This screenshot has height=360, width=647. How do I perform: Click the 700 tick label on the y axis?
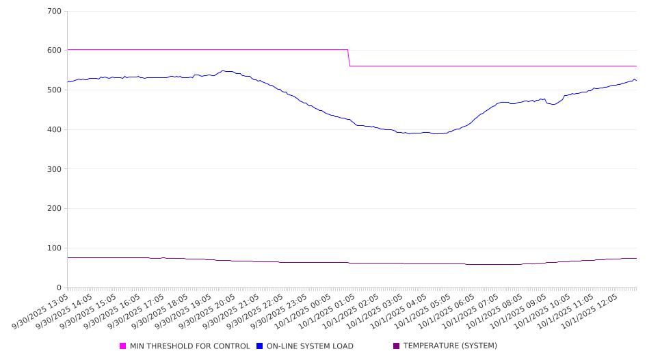(x=54, y=12)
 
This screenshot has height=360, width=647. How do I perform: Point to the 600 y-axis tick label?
(x=54, y=51)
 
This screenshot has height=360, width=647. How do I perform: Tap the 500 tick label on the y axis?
(x=54, y=90)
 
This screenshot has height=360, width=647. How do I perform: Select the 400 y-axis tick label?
(x=54, y=130)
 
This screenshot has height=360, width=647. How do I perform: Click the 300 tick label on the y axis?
(x=54, y=169)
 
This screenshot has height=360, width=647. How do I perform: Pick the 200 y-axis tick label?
(x=54, y=209)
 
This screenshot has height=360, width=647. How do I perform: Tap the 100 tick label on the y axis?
(x=54, y=248)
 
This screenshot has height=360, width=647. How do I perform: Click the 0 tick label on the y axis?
(x=59, y=287)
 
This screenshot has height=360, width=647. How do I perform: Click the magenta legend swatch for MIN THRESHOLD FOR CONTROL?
(x=123, y=346)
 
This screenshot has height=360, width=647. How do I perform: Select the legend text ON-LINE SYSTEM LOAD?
(x=310, y=346)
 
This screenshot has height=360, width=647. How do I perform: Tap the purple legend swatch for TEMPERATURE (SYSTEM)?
(x=397, y=346)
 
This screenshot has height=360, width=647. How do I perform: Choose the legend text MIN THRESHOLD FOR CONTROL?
(x=189, y=346)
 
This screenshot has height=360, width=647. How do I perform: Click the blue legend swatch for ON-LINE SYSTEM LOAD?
(x=260, y=346)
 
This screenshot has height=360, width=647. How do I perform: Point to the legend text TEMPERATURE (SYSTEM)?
(x=450, y=346)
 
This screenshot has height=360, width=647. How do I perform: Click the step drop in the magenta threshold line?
(x=349, y=58)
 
